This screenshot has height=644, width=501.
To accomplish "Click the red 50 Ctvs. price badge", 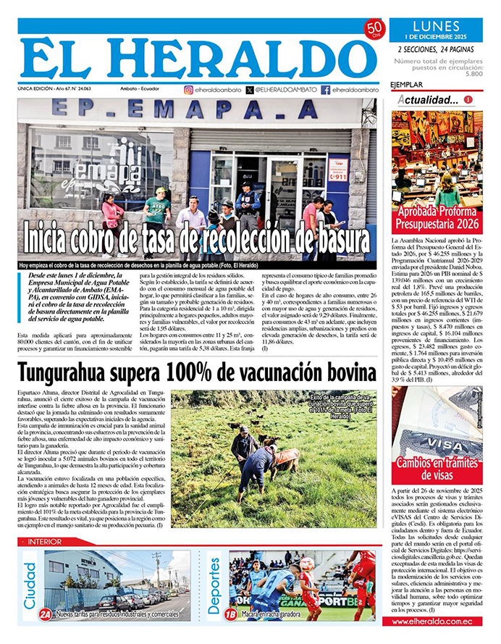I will [x=374, y=29].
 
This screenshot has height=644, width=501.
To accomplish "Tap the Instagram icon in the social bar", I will [x=189, y=90].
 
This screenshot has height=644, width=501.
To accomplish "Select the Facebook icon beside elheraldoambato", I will [x=326, y=90].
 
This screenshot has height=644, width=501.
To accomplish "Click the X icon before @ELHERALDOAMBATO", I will [x=250, y=90].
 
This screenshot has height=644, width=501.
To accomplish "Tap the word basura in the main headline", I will [x=337, y=238].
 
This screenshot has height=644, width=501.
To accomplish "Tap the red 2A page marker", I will [x=46, y=614].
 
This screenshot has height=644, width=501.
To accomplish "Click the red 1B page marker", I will [x=231, y=614].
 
